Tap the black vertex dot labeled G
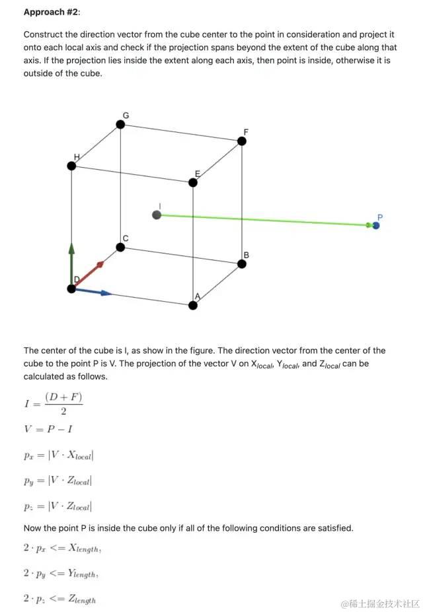(x=120, y=124)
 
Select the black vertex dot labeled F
(x=242, y=141)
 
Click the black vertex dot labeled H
(x=71, y=166)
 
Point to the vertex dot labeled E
(x=193, y=182)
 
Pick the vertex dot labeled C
(x=120, y=247)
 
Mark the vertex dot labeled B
(x=242, y=264)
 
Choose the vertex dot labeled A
(x=193, y=305)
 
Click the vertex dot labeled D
(x=71, y=289)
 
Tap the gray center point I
(x=157, y=215)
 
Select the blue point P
(x=376, y=225)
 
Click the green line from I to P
(x=264, y=220)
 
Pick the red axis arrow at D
(x=89, y=274)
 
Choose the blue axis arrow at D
(x=93, y=291)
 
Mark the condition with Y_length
(x=61, y=574)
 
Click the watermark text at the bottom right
(x=380, y=603)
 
